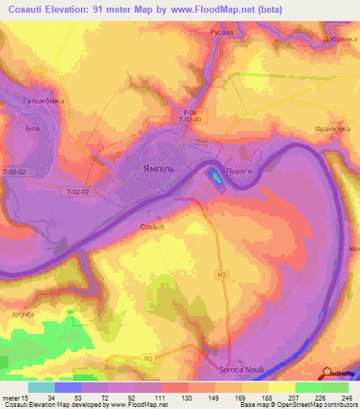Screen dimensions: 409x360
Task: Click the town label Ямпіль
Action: point(154,169)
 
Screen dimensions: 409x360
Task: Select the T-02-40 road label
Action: point(190,120)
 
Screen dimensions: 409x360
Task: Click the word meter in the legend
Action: point(10,397)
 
